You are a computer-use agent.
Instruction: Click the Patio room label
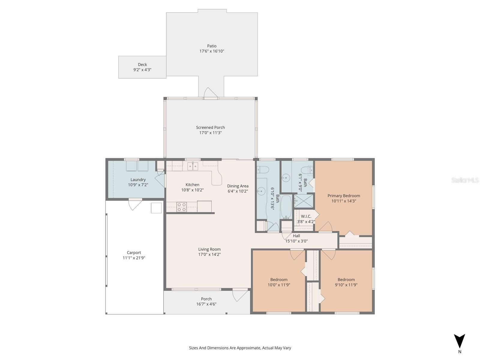[x=211, y=46]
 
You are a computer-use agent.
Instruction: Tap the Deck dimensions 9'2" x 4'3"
[x=142, y=70]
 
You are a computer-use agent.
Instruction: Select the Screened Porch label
[x=210, y=127]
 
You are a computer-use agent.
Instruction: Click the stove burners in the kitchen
[x=181, y=207]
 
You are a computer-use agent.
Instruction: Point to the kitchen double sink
[x=193, y=166]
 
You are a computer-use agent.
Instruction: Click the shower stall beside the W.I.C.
[x=303, y=201]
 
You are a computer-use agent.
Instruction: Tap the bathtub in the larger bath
[x=286, y=207]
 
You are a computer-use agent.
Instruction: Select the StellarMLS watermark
[x=465, y=180]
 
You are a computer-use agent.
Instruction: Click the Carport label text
[x=134, y=253]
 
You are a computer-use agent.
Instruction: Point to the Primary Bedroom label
[x=343, y=196]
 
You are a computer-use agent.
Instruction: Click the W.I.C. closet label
[x=306, y=216]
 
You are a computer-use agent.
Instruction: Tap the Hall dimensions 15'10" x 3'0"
[x=296, y=241]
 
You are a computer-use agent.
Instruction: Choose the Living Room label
[x=209, y=249]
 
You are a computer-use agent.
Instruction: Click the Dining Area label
[x=238, y=186]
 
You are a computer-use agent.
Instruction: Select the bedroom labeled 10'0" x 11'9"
[x=279, y=282]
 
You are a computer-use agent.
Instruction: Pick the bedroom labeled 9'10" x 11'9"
[x=346, y=282]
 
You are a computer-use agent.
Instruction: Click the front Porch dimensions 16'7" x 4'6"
[x=206, y=304]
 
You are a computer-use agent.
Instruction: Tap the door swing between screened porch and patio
[x=211, y=93]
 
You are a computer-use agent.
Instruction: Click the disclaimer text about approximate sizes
[x=240, y=348]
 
